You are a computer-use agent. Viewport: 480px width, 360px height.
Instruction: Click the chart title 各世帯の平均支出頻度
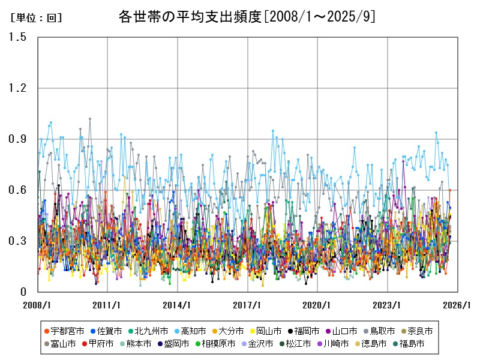(x=247, y=17)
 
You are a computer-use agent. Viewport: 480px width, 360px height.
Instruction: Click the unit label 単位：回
(x=36, y=18)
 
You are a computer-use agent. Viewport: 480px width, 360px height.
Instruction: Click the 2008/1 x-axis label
(x=38, y=304)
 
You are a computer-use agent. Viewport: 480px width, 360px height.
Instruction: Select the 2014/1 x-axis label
(x=178, y=304)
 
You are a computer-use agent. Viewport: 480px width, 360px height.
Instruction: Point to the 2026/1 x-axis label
(x=458, y=304)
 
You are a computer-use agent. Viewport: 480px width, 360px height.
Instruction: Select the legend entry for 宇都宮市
(x=63, y=331)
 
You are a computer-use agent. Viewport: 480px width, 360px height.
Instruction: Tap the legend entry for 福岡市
(x=307, y=331)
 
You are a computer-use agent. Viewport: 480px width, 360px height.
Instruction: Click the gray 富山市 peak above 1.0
(x=90, y=119)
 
